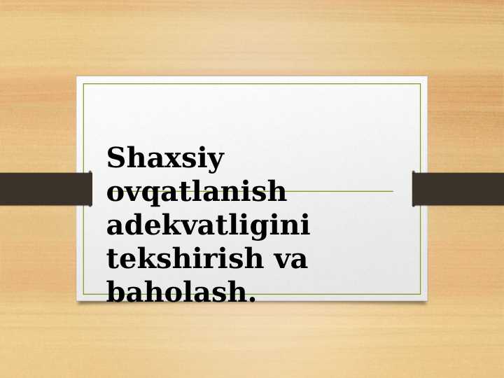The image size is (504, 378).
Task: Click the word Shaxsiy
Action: click(165, 159)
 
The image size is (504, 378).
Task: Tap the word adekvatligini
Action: click(209, 225)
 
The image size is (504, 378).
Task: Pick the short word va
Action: click(289, 260)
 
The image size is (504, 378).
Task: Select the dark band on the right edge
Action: click(458, 189)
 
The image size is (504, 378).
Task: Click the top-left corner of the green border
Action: click(83, 84)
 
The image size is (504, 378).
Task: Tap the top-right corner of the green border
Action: click(421, 84)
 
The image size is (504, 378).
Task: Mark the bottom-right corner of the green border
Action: click(421, 294)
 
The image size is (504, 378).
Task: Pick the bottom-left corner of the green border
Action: click(83, 294)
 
